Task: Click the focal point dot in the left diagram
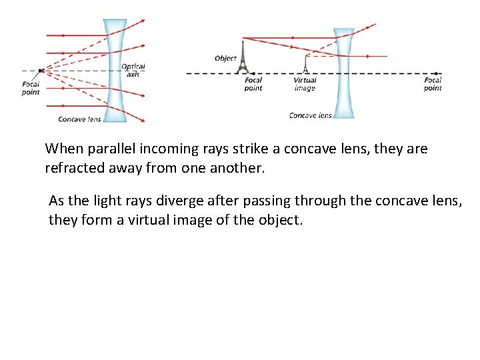(41, 70)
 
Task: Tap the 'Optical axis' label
(133, 70)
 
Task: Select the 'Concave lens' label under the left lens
(79, 119)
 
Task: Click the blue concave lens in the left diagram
(115, 70)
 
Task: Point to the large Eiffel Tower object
(243, 57)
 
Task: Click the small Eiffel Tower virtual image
(305, 65)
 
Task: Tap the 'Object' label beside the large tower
(225, 59)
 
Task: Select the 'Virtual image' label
(305, 84)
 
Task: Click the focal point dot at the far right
(435, 73)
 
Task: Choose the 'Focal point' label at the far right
(433, 84)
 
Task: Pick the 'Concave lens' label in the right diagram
(310, 115)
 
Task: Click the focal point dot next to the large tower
(254, 73)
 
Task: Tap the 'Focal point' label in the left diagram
(31, 88)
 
